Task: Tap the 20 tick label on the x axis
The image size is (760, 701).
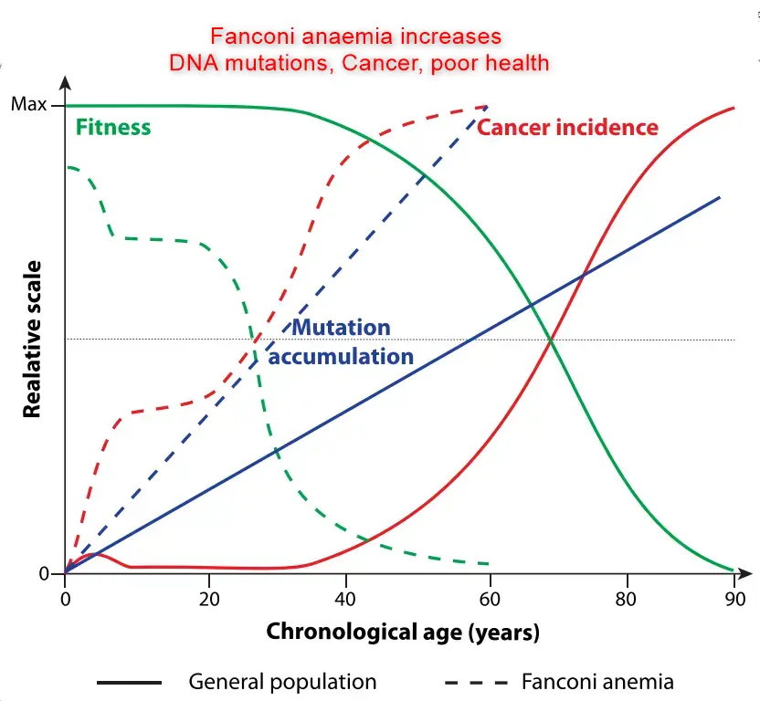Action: tap(209, 599)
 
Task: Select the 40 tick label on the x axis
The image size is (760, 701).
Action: tap(346, 599)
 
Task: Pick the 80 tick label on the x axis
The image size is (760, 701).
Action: tap(627, 599)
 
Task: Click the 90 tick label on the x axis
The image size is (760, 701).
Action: tap(734, 599)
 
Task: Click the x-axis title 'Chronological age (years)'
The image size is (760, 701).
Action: tap(403, 632)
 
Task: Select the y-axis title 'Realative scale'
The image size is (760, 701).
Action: tap(33, 339)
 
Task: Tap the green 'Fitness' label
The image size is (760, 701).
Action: tap(113, 127)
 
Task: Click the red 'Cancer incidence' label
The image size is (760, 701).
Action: tap(567, 128)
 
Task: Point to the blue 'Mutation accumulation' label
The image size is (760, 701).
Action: tap(341, 342)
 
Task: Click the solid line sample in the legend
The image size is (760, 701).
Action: tap(128, 682)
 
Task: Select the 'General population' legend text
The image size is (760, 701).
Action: tap(282, 682)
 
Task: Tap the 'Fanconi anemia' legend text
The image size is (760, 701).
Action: tap(597, 682)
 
